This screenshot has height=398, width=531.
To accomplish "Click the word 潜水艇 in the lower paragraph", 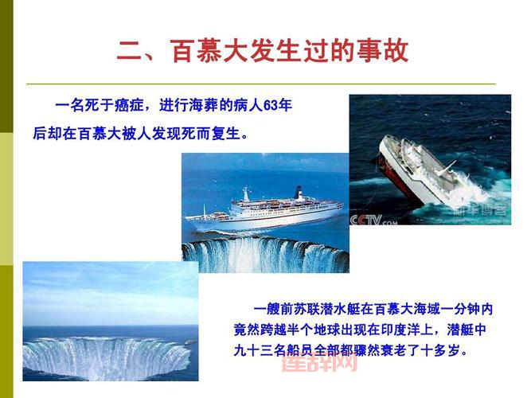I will (x=338, y=309).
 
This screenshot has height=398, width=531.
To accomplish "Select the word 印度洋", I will (x=415, y=329).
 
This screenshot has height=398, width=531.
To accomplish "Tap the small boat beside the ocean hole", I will (x=189, y=341).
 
